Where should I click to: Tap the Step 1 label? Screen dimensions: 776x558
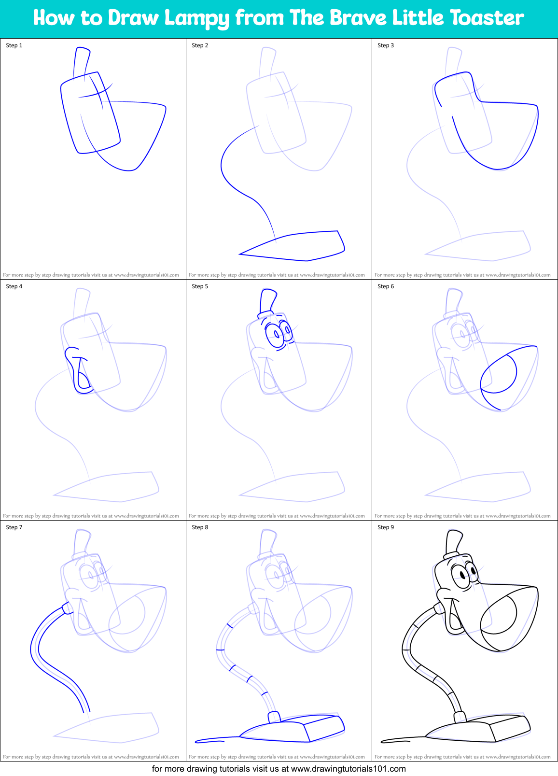(x=14, y=45)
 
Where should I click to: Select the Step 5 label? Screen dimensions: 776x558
(x=200, y=286)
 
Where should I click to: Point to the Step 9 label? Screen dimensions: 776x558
(x=386, y=527)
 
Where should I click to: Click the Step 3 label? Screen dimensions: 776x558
(x=386, y=45)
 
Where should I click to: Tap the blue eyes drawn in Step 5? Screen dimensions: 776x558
(x=278, y=333)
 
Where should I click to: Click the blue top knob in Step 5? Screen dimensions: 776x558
(x=268, y=301)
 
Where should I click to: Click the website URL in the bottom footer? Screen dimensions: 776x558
(x=348, y=769)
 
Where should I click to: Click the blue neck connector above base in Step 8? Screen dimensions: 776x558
(x=274, y=717)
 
